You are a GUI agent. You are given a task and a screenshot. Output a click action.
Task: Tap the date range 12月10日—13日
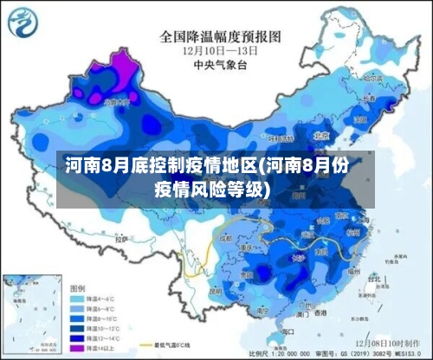click(x=221, y=51)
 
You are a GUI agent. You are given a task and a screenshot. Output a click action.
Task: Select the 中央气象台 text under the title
click(x=221, y=64)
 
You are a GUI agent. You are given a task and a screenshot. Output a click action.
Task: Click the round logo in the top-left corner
click(x=24, y=22)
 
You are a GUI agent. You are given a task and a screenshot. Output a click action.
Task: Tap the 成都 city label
click(x=227, y=235)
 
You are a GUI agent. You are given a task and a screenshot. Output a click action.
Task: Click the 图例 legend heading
click(x=79, y=286)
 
